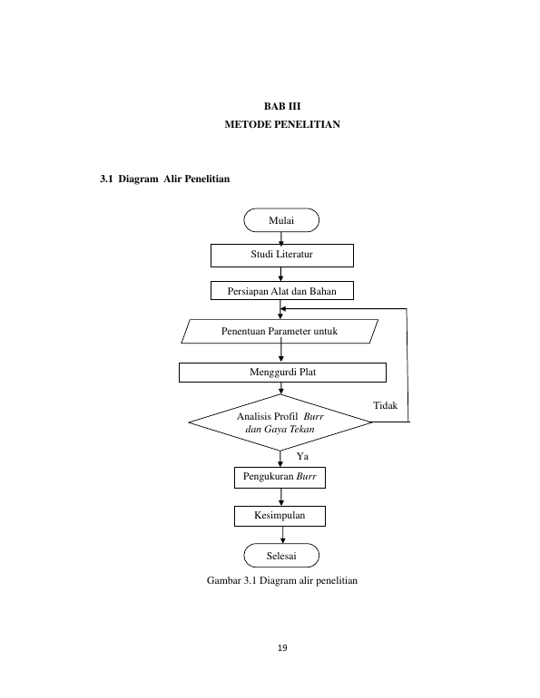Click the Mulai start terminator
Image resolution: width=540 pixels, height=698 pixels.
(x=281, y=220)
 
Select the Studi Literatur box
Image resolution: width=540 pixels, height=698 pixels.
(x=282, y=256)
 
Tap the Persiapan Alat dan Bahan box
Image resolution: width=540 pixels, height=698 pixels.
(x=282, y=291)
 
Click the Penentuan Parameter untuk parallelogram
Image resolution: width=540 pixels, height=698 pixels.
(x=280, y=331)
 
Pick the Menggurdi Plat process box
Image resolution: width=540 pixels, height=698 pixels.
(x=282, y=373)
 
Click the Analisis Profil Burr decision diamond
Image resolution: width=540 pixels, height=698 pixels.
(x=280, y=422)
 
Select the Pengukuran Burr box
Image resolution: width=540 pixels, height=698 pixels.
(x=280, y=477)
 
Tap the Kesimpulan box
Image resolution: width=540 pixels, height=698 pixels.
(x=280, y=516)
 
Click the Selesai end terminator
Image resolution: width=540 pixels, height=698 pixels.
(x=281, y=555)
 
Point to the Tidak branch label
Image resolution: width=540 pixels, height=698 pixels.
(x=385, y=405)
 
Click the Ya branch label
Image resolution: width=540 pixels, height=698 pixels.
(x=302, y=456)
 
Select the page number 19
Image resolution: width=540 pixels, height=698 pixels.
(x=282, y=648)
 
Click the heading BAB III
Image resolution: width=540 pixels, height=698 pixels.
(x=282, y=106)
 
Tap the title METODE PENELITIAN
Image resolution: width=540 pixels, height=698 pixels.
(x=282, y=124)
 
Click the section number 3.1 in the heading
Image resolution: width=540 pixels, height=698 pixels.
(x=106, y=179)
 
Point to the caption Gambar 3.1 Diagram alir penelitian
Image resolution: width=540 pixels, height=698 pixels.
(x=282, y=580)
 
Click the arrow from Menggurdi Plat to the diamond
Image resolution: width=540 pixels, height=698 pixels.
(x=280, y=388)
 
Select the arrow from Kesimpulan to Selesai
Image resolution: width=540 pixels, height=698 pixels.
(x=282, y=535)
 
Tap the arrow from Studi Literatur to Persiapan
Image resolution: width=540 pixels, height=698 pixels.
(x=280, y=274)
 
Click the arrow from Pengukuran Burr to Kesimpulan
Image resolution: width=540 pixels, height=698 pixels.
(x=280, y=498)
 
